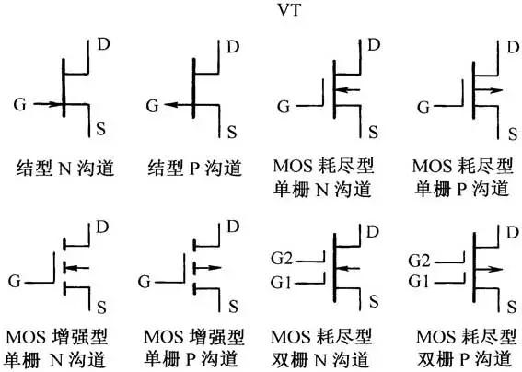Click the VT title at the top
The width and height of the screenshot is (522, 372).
coord(290,9)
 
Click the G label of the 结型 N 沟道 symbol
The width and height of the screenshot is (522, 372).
coord(19,105)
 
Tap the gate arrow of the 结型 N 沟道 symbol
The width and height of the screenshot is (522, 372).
coord(48,104)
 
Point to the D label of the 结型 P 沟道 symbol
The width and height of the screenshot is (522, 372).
coord(233,47)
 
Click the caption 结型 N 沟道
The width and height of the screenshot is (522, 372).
coord(65,168)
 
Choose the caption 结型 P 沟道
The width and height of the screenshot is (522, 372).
coord(195,168)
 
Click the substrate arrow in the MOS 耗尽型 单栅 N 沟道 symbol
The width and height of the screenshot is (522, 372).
coord(348,89)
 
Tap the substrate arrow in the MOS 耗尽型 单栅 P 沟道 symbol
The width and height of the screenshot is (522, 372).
coord(489,90)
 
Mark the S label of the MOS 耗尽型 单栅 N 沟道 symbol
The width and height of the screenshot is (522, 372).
coord(373,133)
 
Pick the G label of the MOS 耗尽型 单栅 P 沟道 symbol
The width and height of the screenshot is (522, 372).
coord(423,108)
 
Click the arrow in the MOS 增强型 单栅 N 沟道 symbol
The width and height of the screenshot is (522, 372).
coord(77,267)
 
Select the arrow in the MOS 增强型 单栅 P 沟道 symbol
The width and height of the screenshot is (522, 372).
coord(208,267)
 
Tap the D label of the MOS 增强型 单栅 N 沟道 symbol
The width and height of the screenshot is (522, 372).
coord(102,227)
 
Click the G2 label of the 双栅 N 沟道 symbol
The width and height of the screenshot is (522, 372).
coord(282,259)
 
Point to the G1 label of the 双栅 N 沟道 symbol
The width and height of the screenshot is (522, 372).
coord(281,283)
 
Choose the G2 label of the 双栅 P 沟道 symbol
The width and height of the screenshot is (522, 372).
coord(419,261)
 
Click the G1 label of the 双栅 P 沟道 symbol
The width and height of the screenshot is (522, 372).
coord(419,282)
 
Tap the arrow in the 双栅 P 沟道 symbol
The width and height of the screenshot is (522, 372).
coord(489,269)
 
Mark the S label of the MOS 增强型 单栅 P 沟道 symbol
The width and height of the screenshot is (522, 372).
coord(233,306)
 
